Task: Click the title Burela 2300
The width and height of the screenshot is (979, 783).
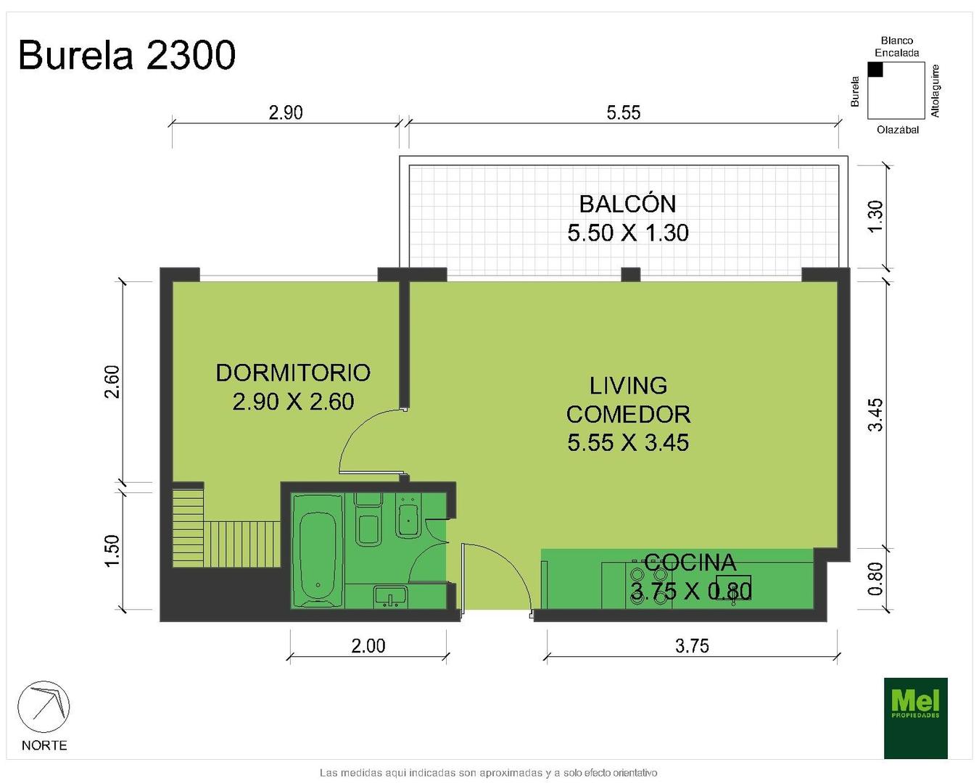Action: coord(127,55)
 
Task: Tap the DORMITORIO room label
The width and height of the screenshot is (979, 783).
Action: coord(293,373)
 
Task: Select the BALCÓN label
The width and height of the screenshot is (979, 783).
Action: coord(627,204)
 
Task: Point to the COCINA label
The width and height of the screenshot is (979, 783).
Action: coord(690,563)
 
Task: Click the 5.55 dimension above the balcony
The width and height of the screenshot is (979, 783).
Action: coord(623,112)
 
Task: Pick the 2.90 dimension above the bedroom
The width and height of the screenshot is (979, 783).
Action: coord(286,112)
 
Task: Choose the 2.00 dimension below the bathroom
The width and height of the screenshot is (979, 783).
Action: coord(368,645)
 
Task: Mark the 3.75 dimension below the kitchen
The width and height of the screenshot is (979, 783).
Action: coord(692,645)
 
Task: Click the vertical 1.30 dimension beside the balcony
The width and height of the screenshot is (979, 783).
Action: coord(875,217)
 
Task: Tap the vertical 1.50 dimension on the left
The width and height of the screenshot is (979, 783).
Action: coord(112,550)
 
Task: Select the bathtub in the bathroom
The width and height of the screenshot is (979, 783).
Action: coord(318,551)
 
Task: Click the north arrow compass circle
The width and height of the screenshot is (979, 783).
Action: coord(44,707)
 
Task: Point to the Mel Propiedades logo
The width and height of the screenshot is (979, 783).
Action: coord(915,718)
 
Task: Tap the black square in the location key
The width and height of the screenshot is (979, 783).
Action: coord(875,70)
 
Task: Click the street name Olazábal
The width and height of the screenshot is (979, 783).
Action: coord(898,130)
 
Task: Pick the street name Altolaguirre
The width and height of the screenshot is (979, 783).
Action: coord(935,91)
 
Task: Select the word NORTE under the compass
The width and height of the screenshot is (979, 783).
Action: coord(44,746)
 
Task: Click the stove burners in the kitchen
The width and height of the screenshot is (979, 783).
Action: coord(649,586)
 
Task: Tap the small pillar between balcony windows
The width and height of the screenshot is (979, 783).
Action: coord(630,274)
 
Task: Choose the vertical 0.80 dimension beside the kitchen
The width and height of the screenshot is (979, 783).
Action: coord(875,579)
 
